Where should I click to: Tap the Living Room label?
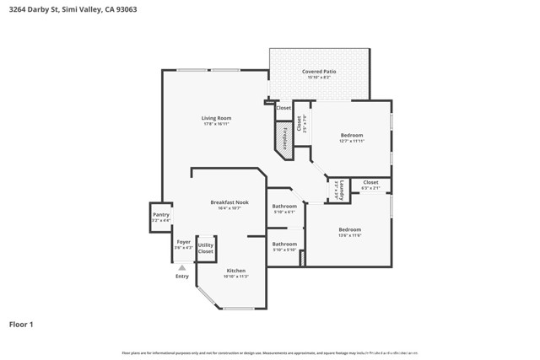[216, 118]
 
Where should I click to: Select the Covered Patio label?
[319, 72]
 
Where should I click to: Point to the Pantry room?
[161, 216]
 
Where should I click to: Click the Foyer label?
[183, 242]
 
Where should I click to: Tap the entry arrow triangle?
[181, 267]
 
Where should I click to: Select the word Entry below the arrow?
[182, 277]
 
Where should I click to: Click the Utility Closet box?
[206, 248]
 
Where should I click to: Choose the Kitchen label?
[235, 271]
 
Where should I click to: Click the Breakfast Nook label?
[229, 202]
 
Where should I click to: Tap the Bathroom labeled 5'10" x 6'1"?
[284, 207]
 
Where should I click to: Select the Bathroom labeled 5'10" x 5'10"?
[284, 244]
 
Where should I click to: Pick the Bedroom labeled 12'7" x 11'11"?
[352, 136]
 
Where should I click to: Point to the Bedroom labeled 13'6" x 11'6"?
[349, 230]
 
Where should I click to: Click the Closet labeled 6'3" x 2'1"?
[370, 183]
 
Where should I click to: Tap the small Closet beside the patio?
[283, 108]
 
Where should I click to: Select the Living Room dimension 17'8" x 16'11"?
[216, 125]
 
